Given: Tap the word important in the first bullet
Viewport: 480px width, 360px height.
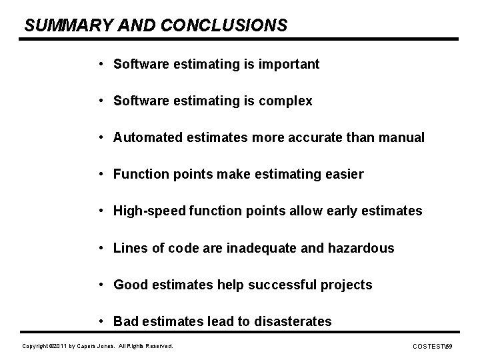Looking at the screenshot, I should (x=289, y=65).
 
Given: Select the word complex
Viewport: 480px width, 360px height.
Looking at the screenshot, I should (x=285, y=101).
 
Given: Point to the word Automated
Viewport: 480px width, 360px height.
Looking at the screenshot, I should (x=145, y=138).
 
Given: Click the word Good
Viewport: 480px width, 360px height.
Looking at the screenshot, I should (x=129, y=285).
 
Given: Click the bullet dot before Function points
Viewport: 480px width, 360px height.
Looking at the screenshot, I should (x=99, y=175).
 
